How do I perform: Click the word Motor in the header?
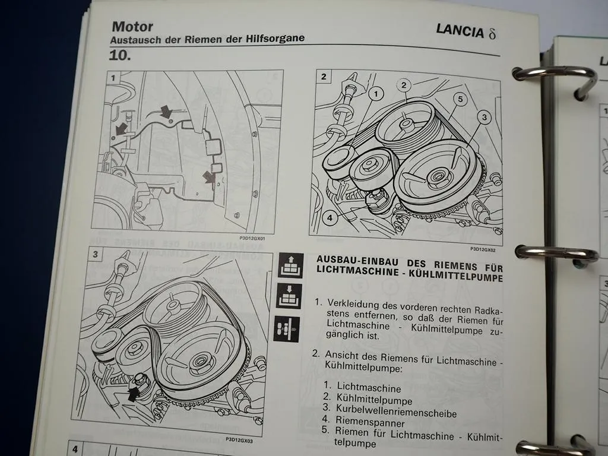[x=132, y=26]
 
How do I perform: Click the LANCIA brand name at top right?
[x=460, y=31]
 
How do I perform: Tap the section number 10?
[x=121, y=56]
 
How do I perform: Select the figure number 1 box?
[x=112, y=77]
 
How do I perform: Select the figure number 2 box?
[x=324, y=77]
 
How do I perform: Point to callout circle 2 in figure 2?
[x=404, y=85]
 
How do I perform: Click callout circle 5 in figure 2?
[x=459, y=99]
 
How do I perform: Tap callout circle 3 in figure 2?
[x=484, y=118]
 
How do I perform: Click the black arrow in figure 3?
[x=135, y=392]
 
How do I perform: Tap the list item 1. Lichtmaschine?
[x=363, y=388]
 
